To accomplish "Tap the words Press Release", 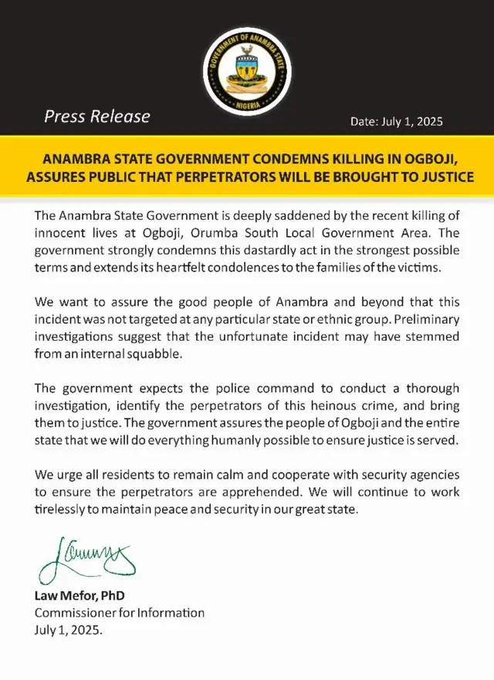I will click(x=97, y=117).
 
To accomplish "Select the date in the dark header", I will click(x=397, y=122).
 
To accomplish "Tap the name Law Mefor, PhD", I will click(x=79, y=597).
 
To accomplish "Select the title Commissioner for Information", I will click(x=120, y=613).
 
